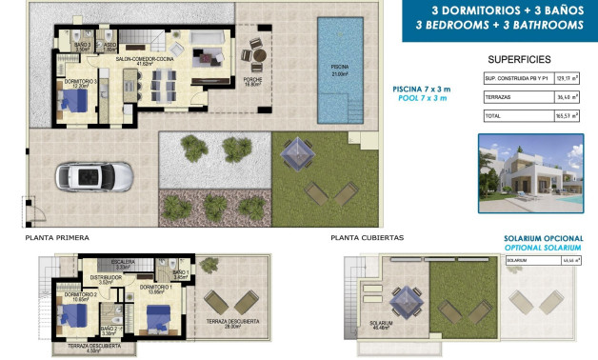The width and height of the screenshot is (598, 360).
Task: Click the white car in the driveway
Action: [x=82, y=175]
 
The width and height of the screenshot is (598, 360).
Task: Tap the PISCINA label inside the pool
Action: [x=339, y=68]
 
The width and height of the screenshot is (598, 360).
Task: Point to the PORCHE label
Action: [x=254, y=82]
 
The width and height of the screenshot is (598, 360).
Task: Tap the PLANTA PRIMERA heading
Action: [x=60, y=237]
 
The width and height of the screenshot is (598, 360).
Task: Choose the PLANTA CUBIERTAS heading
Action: [x=368, y=237]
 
